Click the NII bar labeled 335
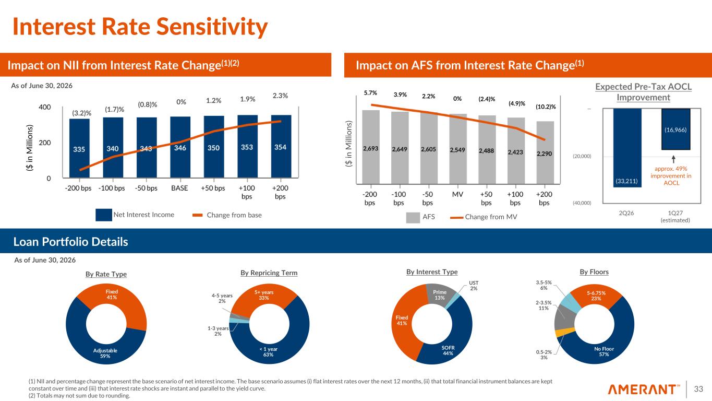(x=79, y=148)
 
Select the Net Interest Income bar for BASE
(x=180, y=147)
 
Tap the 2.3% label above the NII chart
(x=280, y=96)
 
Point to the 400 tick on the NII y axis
(x=45, y=107)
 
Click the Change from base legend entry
(x=227, y=215)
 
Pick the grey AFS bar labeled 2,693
(x=371, y=147)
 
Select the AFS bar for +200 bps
(x=545, y=152)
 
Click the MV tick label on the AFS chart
(x=457, y=194)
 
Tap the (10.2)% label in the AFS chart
(x=546, y=107)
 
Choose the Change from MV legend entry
(x=484, y=217)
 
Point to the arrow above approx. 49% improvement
(x=673, y=159)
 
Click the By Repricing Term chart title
(x=269, y=273)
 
